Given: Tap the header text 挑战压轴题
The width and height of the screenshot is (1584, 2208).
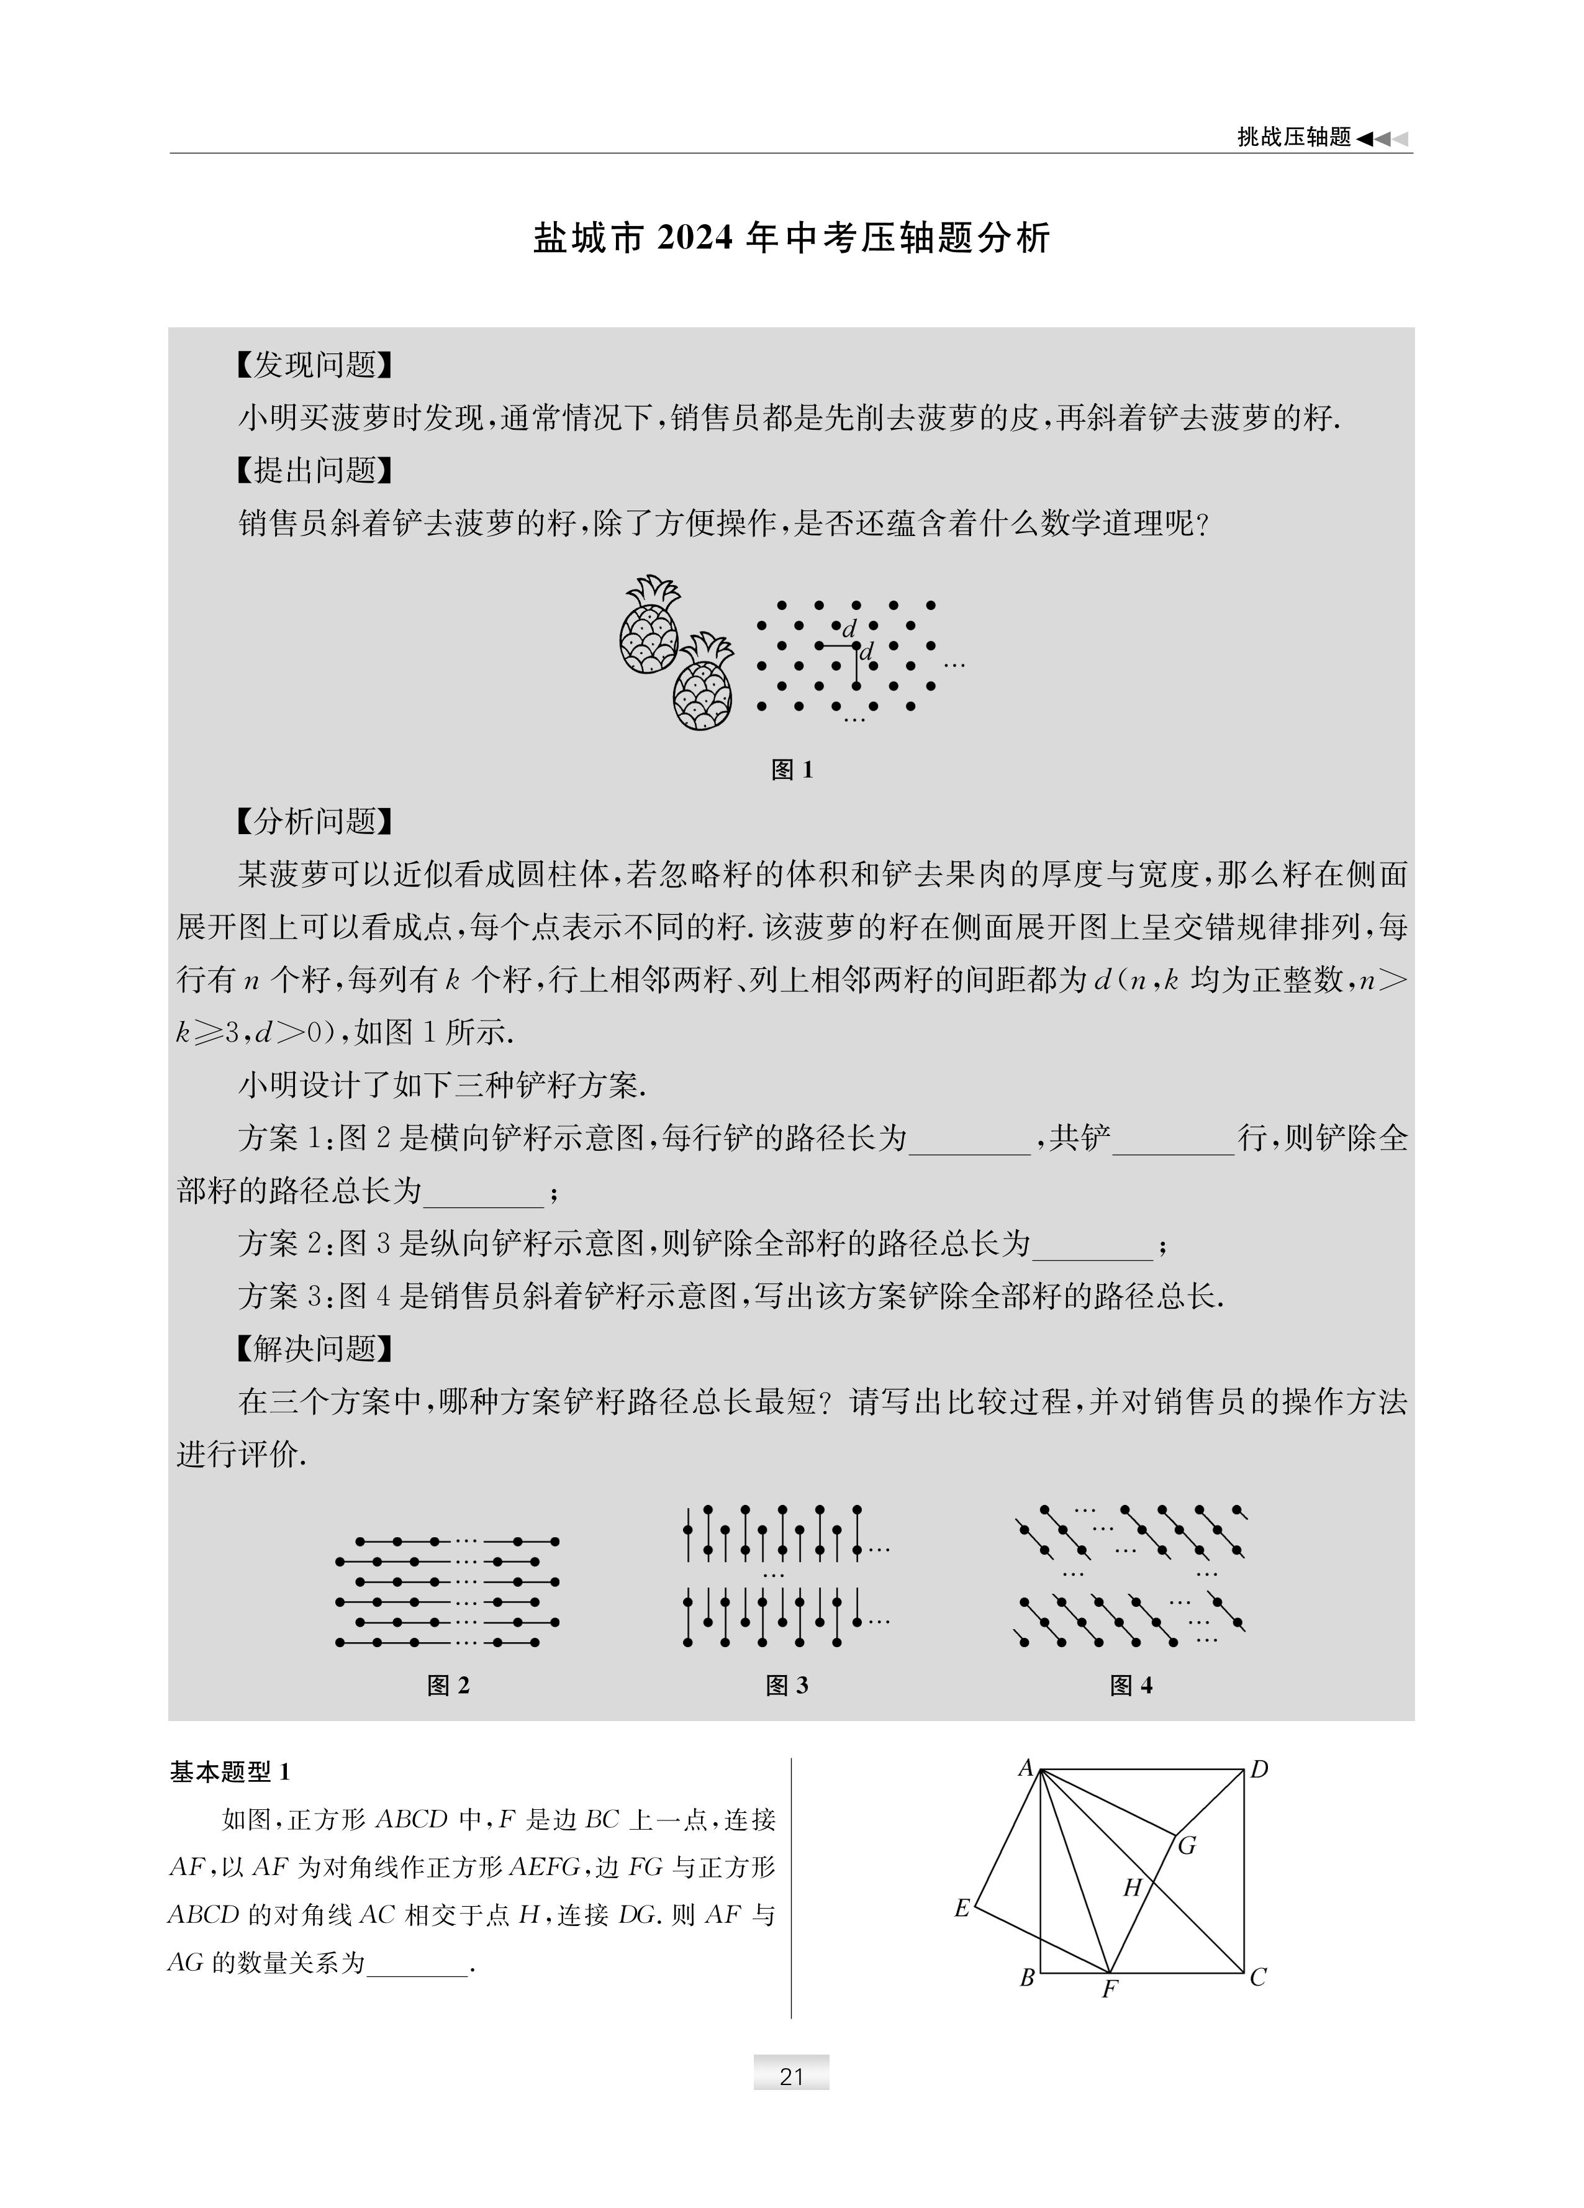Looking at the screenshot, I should tap(1294, 137).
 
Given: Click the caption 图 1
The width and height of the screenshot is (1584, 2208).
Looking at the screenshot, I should tap(792, 770).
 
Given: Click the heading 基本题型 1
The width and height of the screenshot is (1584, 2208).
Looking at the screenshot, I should tap(230, 1772).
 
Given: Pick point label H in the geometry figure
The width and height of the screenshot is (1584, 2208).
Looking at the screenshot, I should tap(1131, 1889).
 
